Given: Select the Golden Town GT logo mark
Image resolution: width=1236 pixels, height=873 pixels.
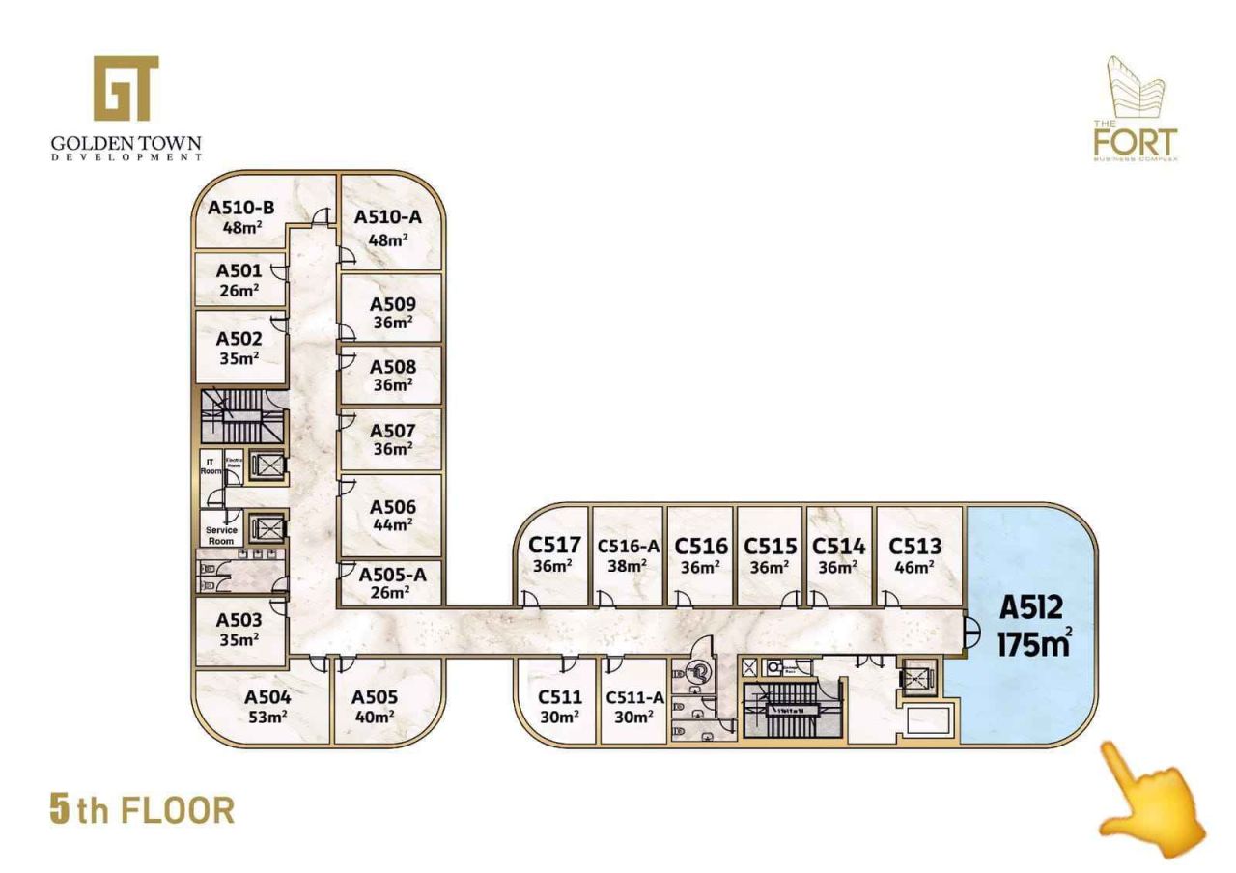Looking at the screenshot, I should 126,88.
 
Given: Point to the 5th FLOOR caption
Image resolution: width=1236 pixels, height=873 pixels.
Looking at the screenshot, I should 142,810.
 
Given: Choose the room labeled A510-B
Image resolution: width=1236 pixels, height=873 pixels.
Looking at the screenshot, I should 241,217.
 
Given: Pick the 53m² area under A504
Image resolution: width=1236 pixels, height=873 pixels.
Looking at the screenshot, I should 267,717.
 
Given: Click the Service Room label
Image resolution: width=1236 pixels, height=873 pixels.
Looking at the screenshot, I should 221,535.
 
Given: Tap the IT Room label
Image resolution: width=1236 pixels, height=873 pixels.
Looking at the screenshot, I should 211,465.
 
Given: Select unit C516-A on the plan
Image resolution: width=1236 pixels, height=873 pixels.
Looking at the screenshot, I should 628,556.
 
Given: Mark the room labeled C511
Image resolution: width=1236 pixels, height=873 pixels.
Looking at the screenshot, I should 560,705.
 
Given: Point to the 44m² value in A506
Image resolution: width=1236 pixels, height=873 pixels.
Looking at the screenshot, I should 393,524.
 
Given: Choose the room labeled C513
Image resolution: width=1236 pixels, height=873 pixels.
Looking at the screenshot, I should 914,556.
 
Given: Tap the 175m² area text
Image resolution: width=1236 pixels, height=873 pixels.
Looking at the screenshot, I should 1033,643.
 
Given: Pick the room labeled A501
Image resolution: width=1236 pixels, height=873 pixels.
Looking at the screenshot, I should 239,279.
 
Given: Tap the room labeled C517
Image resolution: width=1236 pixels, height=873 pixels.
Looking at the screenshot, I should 554,554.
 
